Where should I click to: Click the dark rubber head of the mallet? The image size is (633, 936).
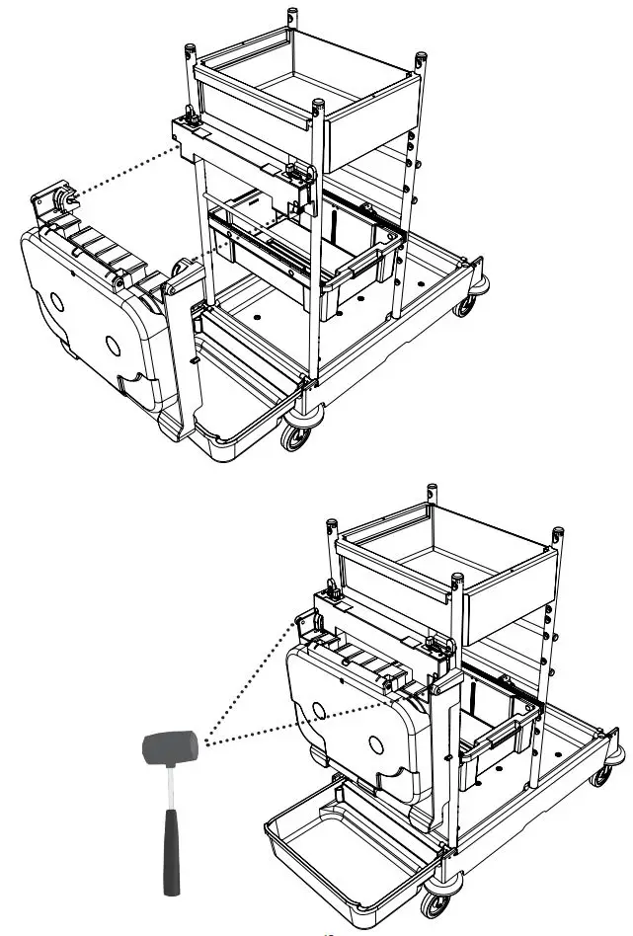(169, 746)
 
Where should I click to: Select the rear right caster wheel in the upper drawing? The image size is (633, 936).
(463, 305)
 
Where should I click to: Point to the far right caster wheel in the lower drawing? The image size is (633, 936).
(600, 776)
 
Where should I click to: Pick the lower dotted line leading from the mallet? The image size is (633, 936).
(296, 717)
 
